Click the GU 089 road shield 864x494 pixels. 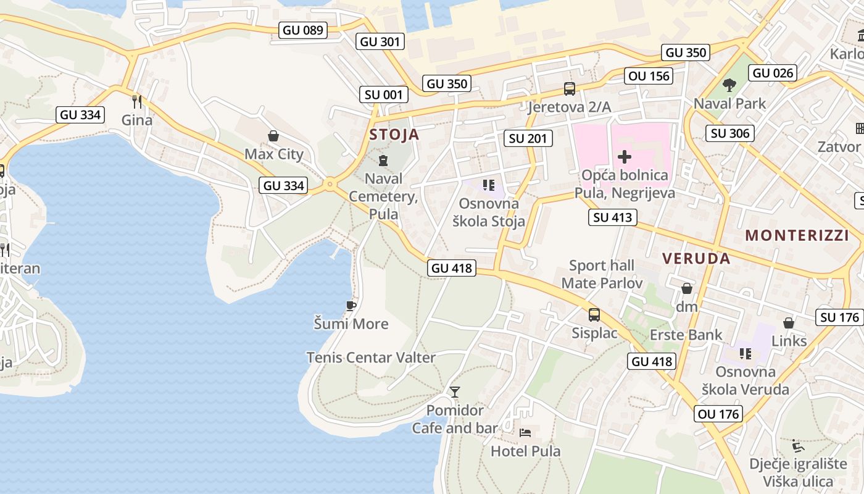point(302,30)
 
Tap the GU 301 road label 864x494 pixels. point(380,41)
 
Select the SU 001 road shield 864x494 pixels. point(384,94)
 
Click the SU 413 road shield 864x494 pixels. point(612,217)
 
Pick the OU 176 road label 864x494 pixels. point(718,414)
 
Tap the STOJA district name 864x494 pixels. point(394,135)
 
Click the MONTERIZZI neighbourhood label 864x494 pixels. point(797,235)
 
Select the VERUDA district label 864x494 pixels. point(696,259)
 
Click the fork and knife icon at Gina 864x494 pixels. point(137,101)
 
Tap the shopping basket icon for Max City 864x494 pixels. point(273,136)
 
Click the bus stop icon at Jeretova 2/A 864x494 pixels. point(569,89)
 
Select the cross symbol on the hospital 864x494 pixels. point(625,157)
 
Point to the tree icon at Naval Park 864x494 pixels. point(729,85)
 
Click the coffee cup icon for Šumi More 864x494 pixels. point(351,306)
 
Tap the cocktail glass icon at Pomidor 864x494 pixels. point(455,391)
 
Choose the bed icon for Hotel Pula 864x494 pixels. point(525,432)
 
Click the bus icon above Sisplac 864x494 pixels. point(594,315)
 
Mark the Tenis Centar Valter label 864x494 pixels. point(371,358)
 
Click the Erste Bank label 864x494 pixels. point(686,335)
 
